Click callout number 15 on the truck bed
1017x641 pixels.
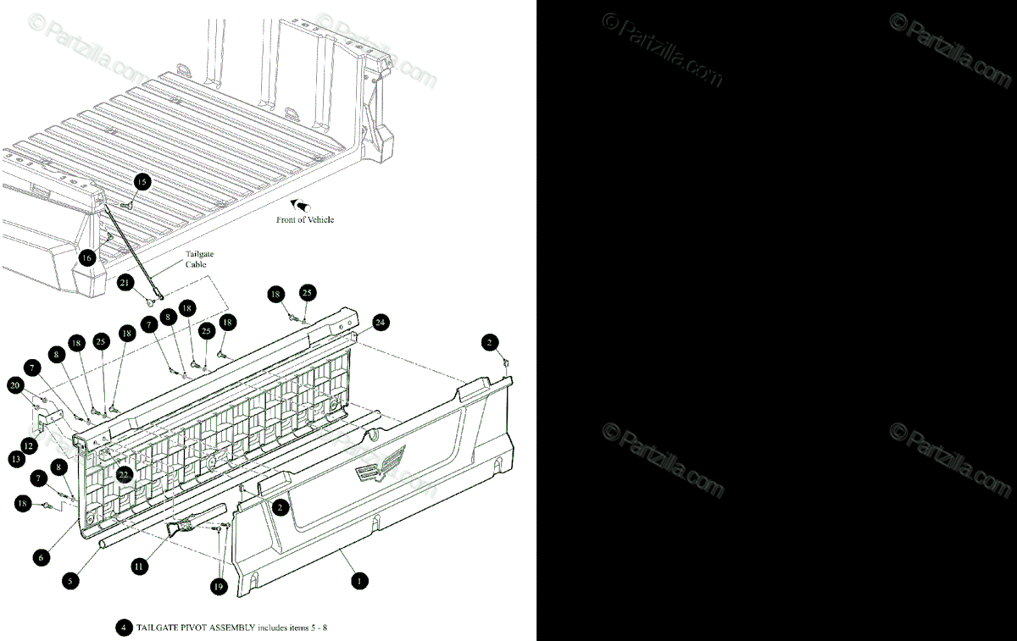tap(142, 181)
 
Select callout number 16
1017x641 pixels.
tap(87, 257)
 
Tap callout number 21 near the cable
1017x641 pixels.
tap(125, 282)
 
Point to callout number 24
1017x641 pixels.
tap(380, 322)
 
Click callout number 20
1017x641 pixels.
tap(14, 385)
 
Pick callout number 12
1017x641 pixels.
tap(28, 445)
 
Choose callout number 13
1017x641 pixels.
tap(16, 458)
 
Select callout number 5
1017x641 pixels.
tap(71, 581)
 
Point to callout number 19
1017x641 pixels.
tap(219, 586)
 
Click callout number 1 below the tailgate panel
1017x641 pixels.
tap(359, 581)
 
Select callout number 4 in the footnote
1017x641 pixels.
tap(123, 628)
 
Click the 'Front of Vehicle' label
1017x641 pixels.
tap(305, 219)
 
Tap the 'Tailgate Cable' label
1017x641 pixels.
tap(196, 258)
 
